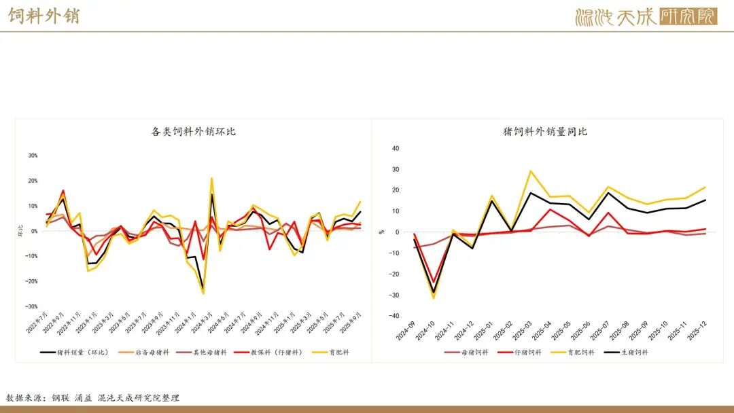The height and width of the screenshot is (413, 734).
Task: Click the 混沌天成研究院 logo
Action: [645, 16]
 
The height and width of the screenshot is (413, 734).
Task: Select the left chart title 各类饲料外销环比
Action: [194, 132]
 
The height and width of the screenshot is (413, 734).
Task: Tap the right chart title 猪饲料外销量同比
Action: [545, 132]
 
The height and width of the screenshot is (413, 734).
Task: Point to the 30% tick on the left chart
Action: [33, 156]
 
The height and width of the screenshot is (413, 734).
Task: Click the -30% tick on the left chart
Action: [32, 306]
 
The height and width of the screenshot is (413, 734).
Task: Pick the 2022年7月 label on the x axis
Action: [41, 325]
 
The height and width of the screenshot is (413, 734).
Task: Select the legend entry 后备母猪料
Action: [147, 352]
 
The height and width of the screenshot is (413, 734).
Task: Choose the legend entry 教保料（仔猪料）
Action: [271, 352]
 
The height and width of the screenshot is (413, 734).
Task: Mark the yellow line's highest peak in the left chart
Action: [211, 179]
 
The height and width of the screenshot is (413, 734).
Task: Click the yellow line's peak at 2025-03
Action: [531, 171]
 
